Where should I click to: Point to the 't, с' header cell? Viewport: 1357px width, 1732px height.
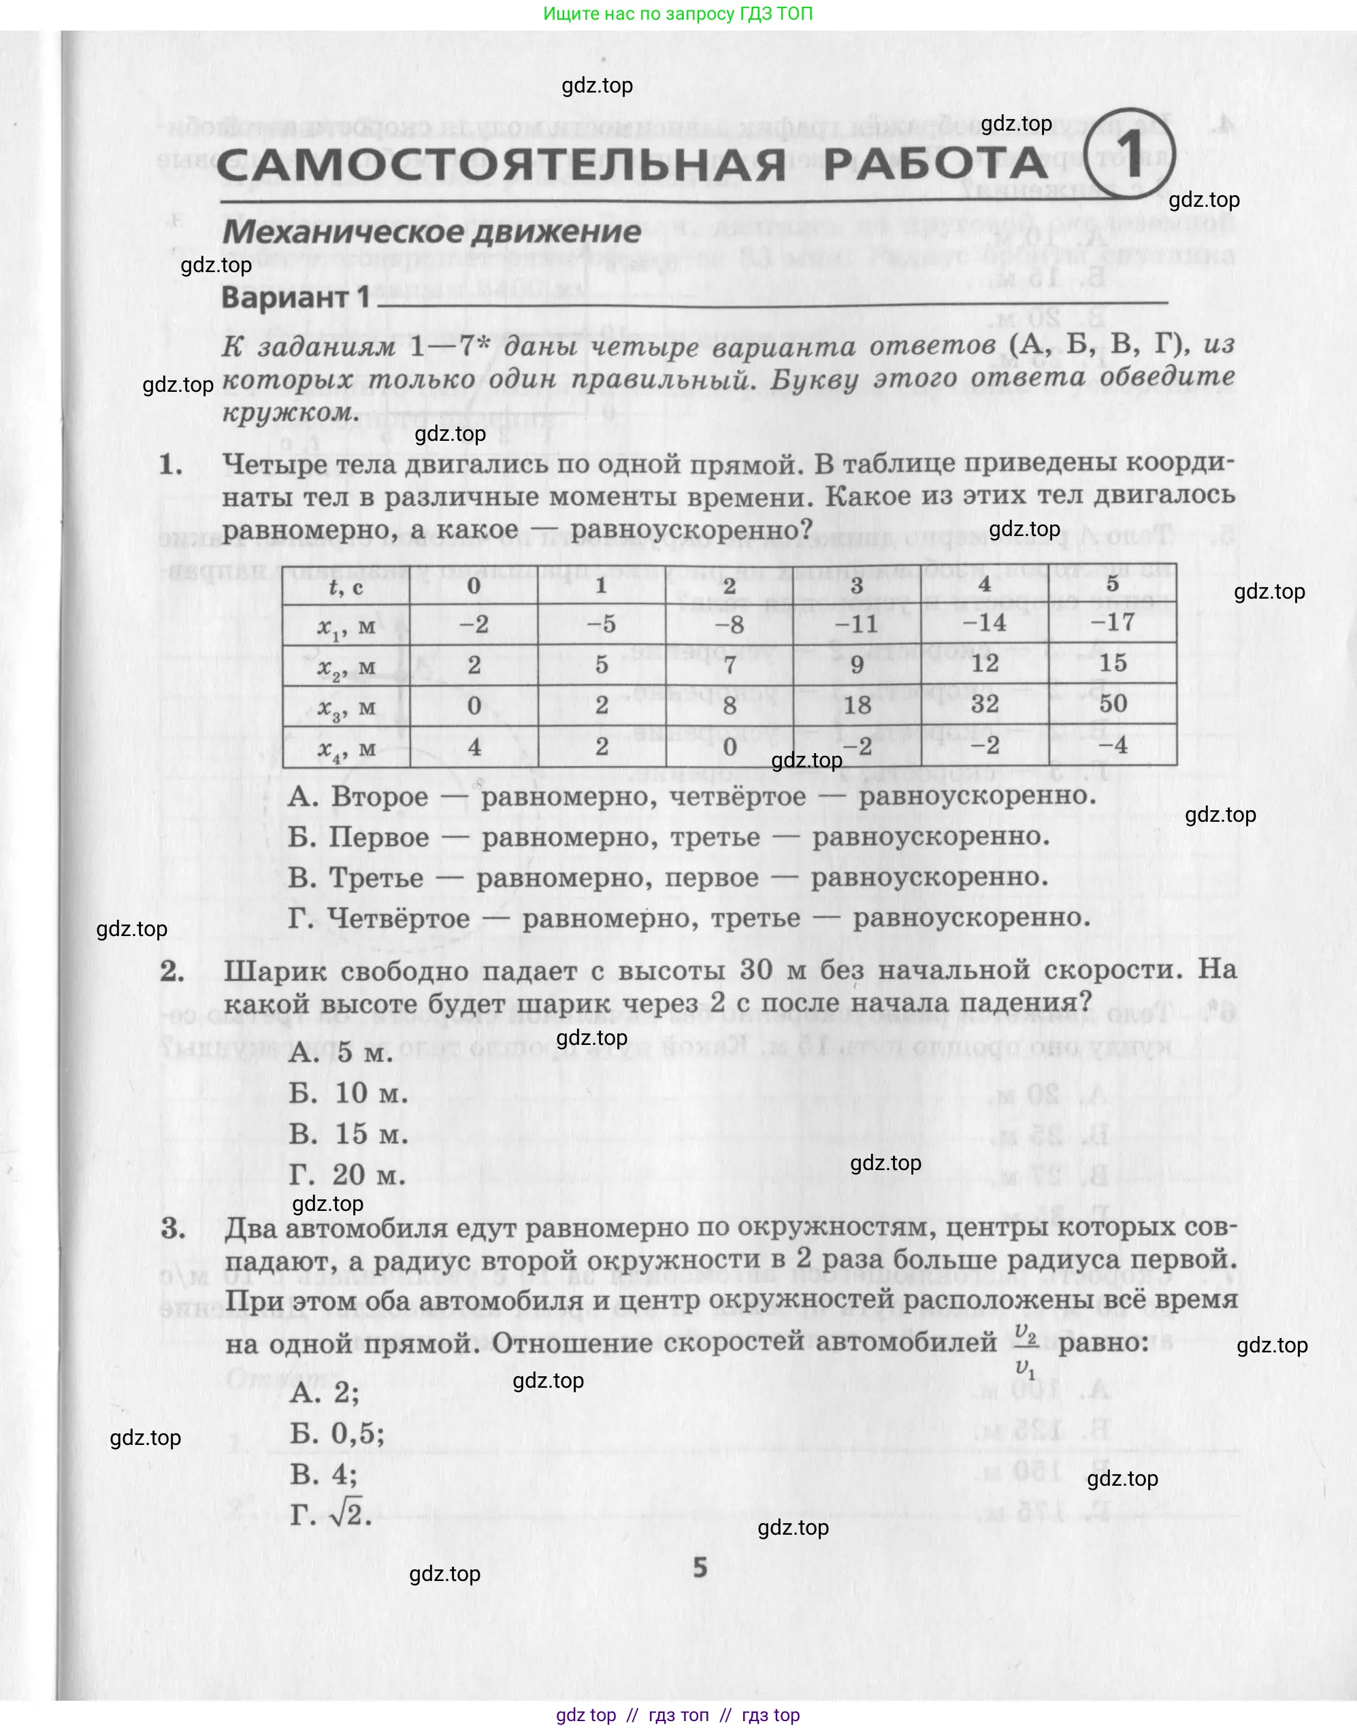[x=346, y=587]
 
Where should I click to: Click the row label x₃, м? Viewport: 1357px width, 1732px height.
[x=346, y=707]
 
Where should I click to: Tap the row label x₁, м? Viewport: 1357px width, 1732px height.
[x=346, y=627]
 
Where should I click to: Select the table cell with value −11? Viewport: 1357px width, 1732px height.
[x=857, y=623]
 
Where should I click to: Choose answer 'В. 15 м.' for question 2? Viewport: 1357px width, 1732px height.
[x=348, y=1134]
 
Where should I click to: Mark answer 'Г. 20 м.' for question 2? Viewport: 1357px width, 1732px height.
[x=347, y=1175]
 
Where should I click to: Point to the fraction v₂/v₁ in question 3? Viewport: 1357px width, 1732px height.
[x=1026, y=1348]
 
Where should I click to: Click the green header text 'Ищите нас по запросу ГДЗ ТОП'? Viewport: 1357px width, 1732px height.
[x=678, y=14]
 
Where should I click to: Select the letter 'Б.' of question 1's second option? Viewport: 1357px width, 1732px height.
[x=303, y=837]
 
